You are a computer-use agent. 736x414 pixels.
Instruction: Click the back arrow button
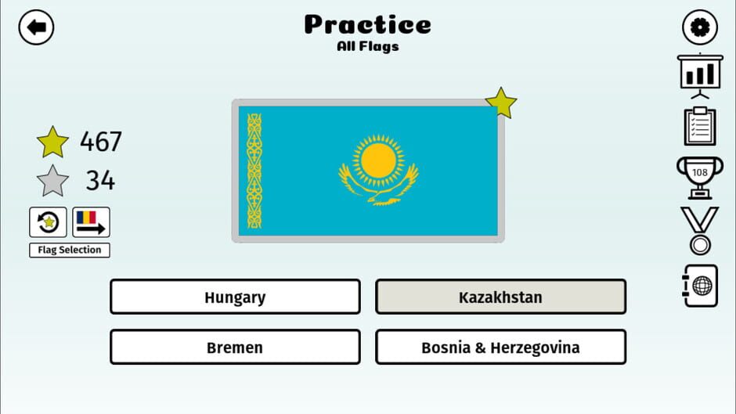pos(36,28)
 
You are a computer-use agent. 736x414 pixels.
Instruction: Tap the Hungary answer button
pos(235,297)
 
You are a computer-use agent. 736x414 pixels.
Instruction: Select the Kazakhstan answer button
pos(500,297)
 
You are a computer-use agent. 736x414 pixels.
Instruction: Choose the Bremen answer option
pos(235,347)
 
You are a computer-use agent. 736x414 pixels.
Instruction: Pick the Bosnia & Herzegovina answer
pos(500,347)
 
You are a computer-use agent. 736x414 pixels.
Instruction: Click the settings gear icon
pos(699,28)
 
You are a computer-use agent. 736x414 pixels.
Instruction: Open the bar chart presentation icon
pos(699,75)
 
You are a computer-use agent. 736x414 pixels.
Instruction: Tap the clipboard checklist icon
pos(699,126)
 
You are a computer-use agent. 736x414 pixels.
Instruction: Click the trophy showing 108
pos(699,176)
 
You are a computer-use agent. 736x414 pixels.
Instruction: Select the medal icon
pos(699,231)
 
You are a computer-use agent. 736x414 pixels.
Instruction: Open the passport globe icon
pos(699,286)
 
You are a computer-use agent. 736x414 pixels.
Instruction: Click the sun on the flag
pos(378,160)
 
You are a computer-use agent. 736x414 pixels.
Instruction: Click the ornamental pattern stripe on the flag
pos(254,171)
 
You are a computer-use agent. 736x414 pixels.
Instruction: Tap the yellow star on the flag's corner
pos(501,103)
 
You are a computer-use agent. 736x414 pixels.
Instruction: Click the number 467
pos(101,142)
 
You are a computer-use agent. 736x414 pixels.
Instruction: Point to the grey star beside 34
pos(52,181)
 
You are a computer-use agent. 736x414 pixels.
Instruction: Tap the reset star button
pos(49,222)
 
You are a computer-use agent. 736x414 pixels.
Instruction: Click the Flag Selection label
pos(70,250)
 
